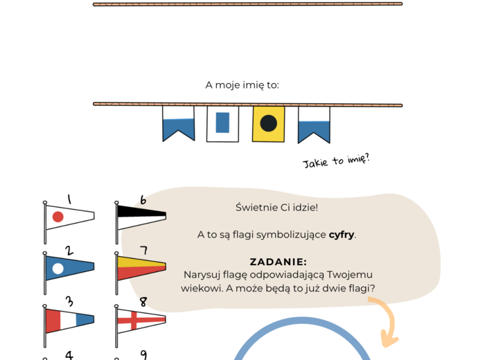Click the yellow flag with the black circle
tap(268, 124)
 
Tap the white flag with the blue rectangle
tap(222, 123)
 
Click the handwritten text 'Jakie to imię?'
tap(336, 162)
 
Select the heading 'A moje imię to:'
tap(242, 85)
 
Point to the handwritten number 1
tap(69, 199)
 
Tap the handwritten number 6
tap(143, 199)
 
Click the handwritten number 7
tap(143, 250)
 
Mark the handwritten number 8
tap(143, 302)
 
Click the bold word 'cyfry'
tap(342, 235)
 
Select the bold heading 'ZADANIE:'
tap(278, 262)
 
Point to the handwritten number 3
tap(69, 301)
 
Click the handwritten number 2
tap(69, 250)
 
